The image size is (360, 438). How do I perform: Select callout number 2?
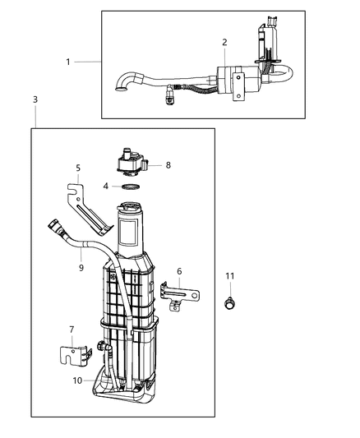[224, 41]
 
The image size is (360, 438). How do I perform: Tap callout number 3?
[35, 99]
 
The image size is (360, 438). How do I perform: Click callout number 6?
[179, 272]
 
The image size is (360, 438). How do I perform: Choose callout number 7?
[71, 330]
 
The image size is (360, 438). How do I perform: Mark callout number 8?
[168, 164]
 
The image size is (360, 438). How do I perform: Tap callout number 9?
[81, 267]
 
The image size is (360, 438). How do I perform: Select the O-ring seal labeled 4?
[128, 187]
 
